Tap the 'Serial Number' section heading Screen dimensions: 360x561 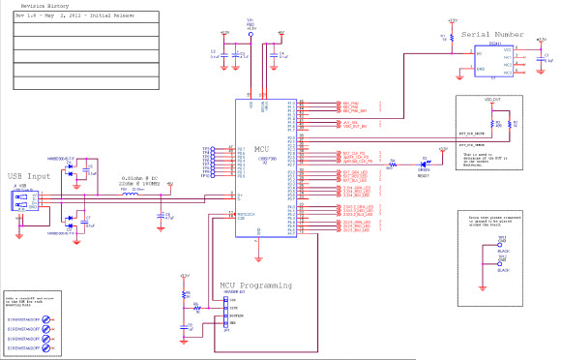[x=495, y=34]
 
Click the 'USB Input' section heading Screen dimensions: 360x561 [x=29, y=176]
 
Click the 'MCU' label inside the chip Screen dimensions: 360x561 [x=261, y=148]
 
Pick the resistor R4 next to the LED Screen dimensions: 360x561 [x=393, y=164]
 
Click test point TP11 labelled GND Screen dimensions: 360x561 [x=500, y=243]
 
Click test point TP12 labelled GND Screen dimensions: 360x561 [x=500, y=264]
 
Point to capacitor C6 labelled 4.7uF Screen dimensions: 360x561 [x=160, y=217]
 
